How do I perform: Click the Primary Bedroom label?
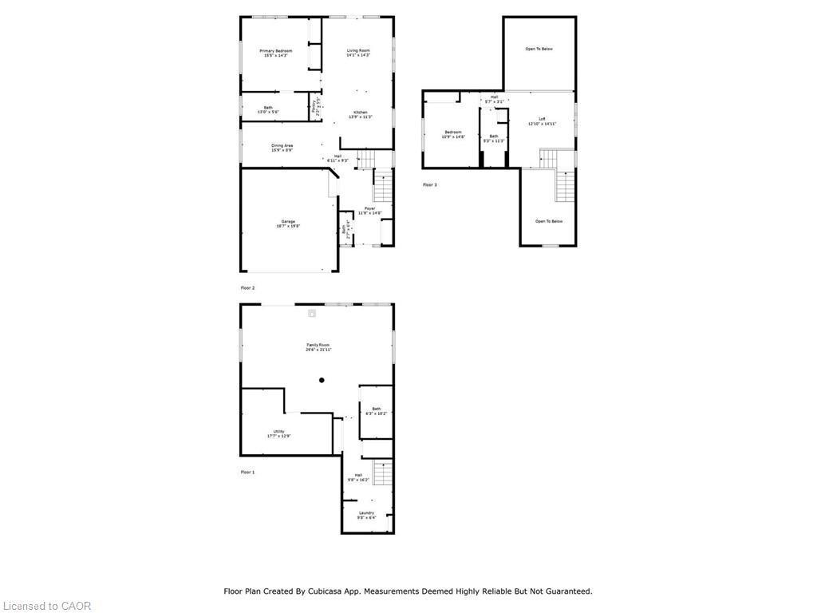click(x=276, y=51)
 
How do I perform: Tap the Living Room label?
click(x=358, y=51)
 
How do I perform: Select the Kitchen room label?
click(x=361, y=112)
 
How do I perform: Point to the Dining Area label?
click(x=282, y=145)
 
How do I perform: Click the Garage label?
click(x=288, y=221)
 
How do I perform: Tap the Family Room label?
click(x=318, y=345)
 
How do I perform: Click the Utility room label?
click(x=278, y=431)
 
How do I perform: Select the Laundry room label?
click(x=366, y=512)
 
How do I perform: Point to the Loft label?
click(x=542, y=119)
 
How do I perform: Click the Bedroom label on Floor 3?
click(x=453, y=132)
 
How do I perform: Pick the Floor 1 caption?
click(x=248, y=472)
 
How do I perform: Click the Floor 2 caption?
click(x=248, y=287)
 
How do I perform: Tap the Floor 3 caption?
click(x=430, y=184)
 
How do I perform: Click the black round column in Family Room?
click(x=322, y=380)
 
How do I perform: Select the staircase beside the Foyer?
click(x=384, y=188)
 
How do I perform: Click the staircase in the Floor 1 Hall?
click(x=384, y=473)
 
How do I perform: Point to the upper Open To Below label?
click(x=539, y=49)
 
